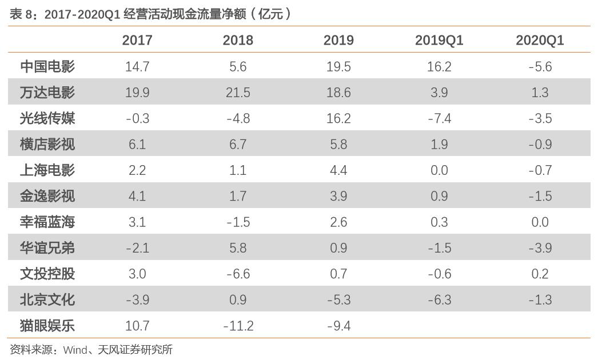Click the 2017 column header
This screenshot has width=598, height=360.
137,40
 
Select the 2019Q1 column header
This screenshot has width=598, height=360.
439,40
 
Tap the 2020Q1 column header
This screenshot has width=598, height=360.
540,40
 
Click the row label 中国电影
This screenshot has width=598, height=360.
47,66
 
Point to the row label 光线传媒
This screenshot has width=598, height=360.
47,118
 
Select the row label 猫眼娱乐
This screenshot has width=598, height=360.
47,326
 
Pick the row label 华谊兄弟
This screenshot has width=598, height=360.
47,248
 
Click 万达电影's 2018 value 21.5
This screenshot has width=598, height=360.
238,93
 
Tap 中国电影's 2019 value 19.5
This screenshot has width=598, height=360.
338,66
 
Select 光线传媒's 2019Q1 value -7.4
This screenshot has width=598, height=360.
439,118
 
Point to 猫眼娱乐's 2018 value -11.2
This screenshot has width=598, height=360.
238,326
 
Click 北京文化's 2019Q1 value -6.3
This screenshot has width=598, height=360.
439,300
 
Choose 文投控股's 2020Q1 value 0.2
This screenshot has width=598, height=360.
540,274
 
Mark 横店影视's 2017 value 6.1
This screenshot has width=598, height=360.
137,144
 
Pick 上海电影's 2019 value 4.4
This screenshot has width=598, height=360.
338,170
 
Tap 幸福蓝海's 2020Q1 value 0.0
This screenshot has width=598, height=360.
540,222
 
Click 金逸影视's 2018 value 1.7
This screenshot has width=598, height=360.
238,196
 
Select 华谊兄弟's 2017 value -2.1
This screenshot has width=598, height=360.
137,248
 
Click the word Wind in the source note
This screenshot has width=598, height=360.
75,349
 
